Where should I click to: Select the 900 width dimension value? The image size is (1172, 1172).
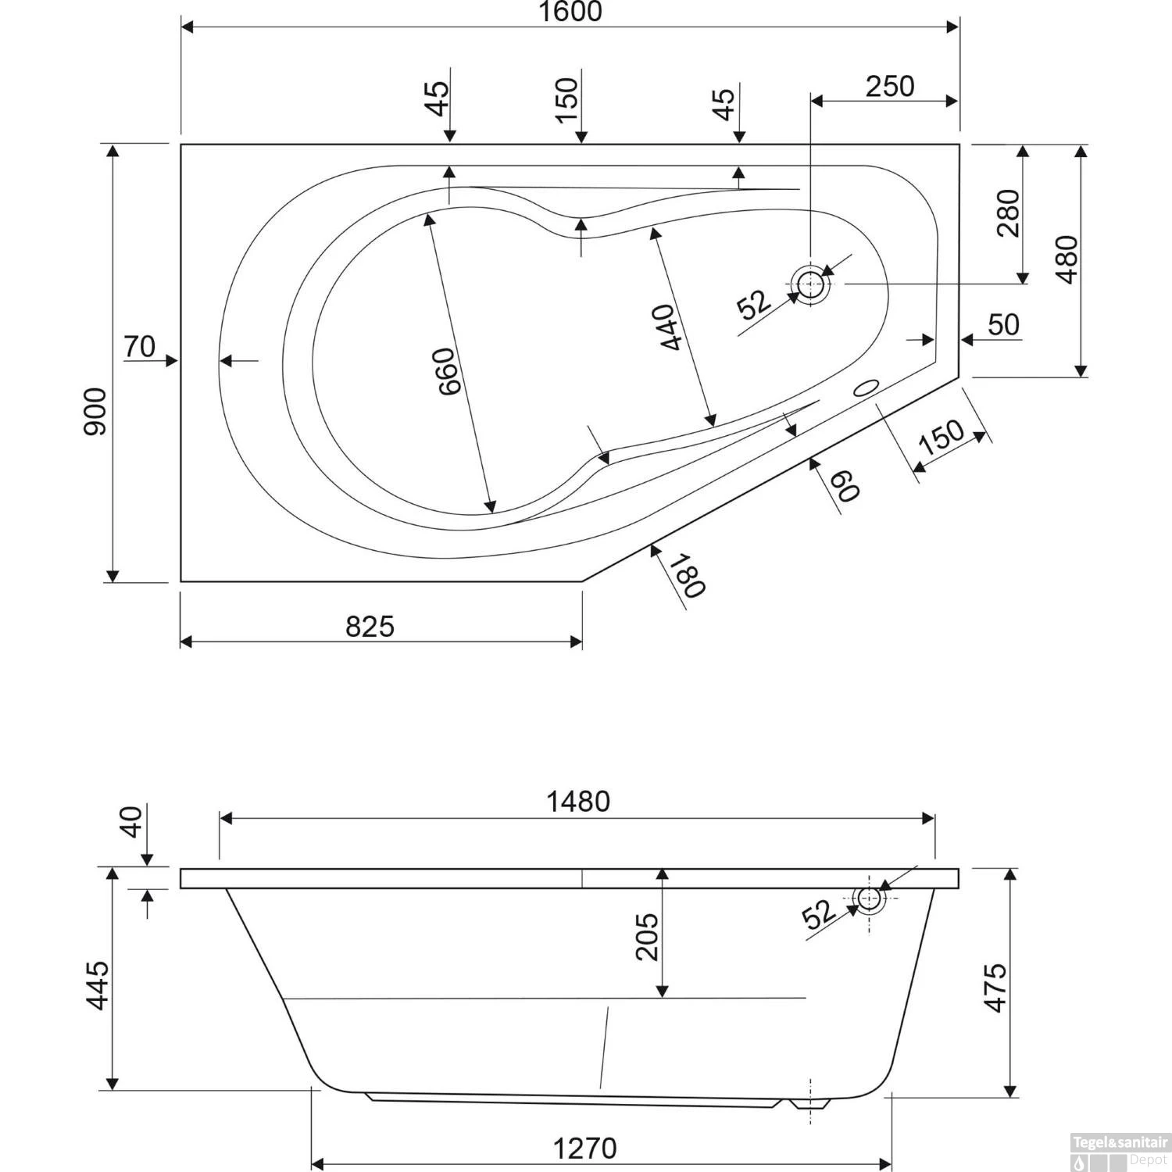[95, 411]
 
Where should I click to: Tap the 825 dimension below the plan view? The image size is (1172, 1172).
[370, 626]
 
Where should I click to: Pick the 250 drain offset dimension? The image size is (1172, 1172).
[889, 86]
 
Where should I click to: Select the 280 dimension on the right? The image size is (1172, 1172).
[1008, 213]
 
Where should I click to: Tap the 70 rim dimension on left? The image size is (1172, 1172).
[140, 346]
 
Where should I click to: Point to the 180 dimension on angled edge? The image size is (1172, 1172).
[689, 577]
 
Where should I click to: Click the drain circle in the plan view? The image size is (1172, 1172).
[812, 284]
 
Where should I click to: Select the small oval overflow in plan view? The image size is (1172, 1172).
[866, 388]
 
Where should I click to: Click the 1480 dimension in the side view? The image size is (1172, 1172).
[578, 802]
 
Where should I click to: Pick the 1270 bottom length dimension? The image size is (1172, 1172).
[585, 1148]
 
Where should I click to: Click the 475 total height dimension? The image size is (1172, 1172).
[995, 988]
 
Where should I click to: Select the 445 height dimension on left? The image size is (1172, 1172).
[97, 985]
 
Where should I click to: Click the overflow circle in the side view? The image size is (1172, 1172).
[868, 899]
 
